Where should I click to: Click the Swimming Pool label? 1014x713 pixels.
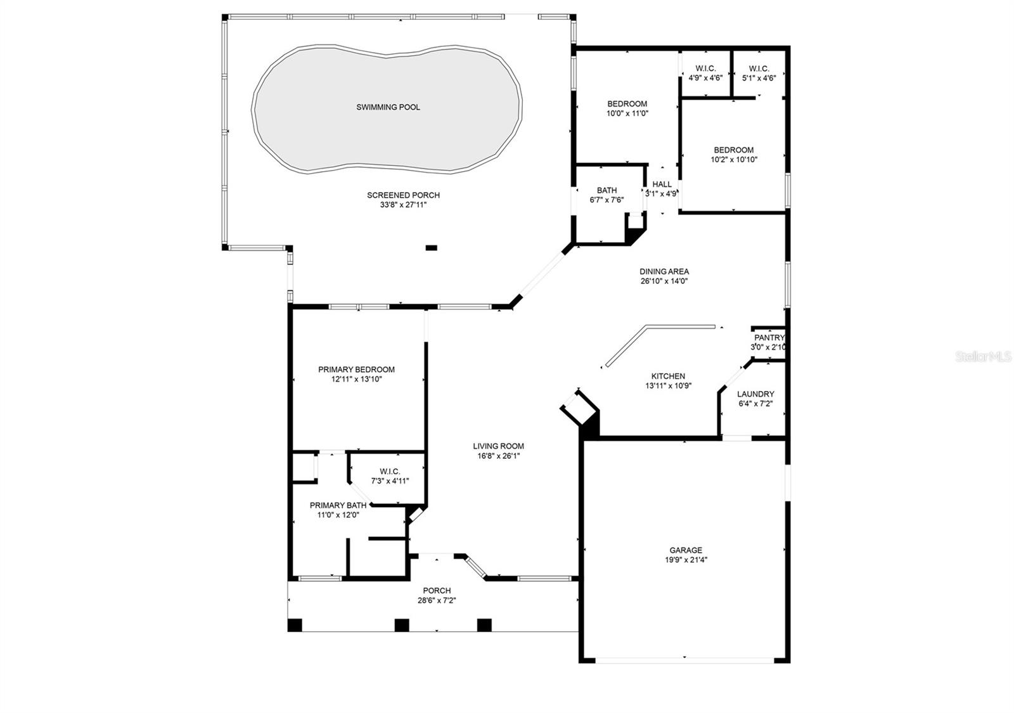click(388, 107)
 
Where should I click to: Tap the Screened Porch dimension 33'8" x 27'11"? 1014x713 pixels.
click(403, 205)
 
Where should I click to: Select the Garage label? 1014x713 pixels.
click(686, 550)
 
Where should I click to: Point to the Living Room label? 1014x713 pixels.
click(498, 446)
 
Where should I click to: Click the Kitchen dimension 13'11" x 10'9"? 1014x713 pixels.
click(668, 386)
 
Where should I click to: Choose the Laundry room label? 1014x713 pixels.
click(755, 394)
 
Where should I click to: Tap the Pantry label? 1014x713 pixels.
click(769, 338)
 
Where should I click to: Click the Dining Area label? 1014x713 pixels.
click(664, 272)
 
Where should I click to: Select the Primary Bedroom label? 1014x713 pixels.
click(356, 369)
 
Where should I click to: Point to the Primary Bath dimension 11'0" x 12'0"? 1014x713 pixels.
click(338, 515)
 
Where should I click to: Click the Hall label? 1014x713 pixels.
click(662, 184)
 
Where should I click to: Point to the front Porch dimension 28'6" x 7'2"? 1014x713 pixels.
click(437, 600)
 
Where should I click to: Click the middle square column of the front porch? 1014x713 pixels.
click(402, 625)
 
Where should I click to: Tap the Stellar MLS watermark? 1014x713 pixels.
click(983, 356)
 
